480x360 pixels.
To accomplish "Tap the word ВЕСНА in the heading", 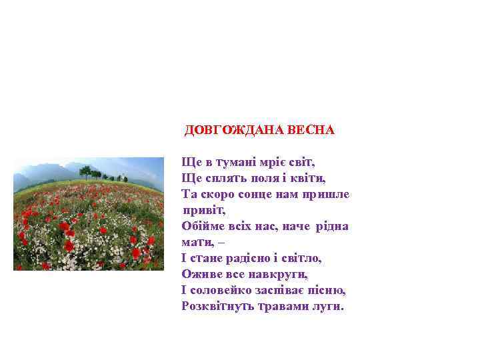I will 311,129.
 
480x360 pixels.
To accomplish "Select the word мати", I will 196,242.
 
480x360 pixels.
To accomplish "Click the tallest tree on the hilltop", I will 86,171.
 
